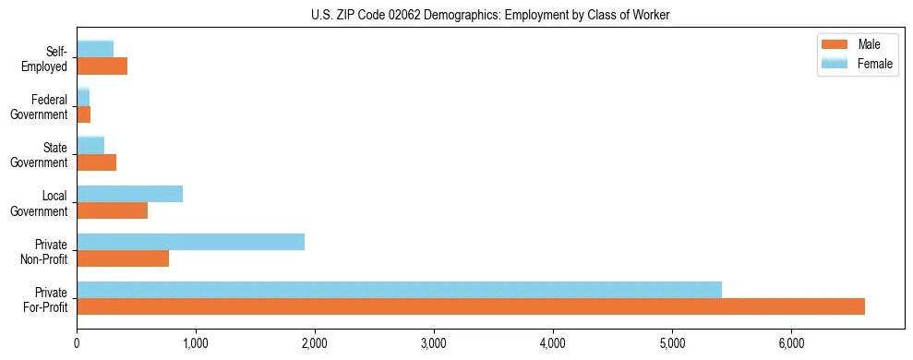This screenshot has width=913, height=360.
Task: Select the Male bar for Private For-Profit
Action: [x=471, y=306]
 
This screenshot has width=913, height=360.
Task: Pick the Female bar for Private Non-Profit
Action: [x=190, y=242]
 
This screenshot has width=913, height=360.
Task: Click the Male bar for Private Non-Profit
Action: [x=123, y=258]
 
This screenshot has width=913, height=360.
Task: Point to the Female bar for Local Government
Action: [x=129, y=194]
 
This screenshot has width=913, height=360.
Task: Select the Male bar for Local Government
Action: [x=112, y=210]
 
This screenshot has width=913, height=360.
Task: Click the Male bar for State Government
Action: [x=96, y=162]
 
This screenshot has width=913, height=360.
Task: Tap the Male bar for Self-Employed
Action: [x=102, y=66]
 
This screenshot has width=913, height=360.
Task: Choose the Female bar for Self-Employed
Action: [x=95, y=49]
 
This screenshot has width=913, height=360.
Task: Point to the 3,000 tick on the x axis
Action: [x=434, y=342]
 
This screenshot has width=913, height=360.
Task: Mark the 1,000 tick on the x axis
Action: [x=196, y=342]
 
